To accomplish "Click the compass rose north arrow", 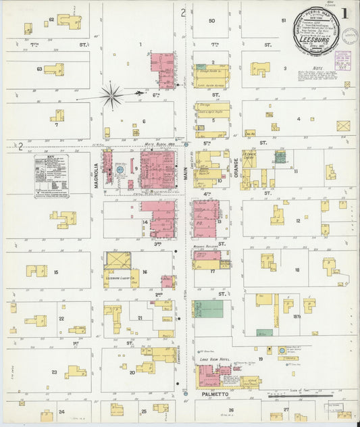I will [112, 95].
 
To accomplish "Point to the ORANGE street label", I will [236, 166].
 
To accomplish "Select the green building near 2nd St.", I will [210, 309].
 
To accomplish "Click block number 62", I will [51, 20].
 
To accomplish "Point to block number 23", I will [54, 372].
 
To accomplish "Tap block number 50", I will [211, 21].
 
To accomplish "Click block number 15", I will [55, 272].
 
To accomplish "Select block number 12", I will [298, 220].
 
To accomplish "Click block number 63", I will [39, 69].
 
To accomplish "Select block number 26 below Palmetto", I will [230, 409].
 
